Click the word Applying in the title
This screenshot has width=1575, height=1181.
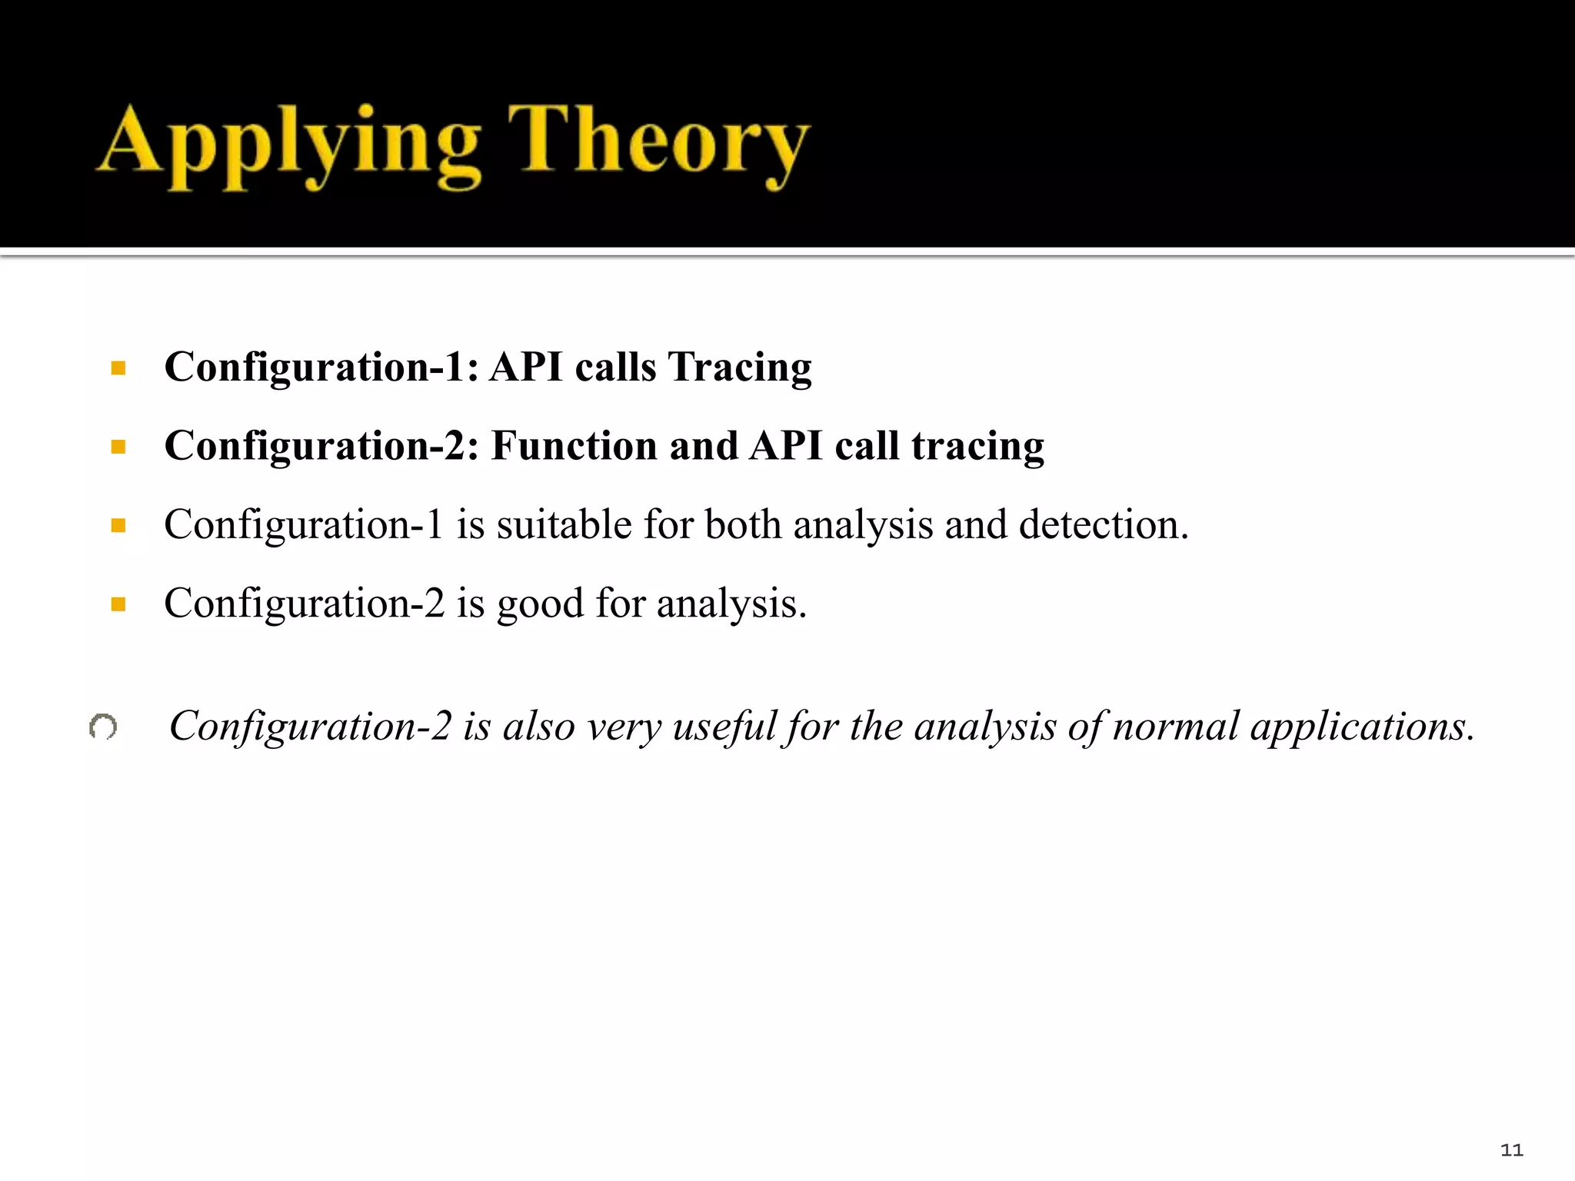288,146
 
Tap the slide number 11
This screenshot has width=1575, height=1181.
1511,1150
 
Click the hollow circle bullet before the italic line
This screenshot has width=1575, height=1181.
103,727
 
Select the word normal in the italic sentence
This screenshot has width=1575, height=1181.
1176,727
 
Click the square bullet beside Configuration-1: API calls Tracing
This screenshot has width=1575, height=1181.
118,368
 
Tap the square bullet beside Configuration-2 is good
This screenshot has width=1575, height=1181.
118,604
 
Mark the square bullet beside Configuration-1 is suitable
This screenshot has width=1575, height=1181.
118,526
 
